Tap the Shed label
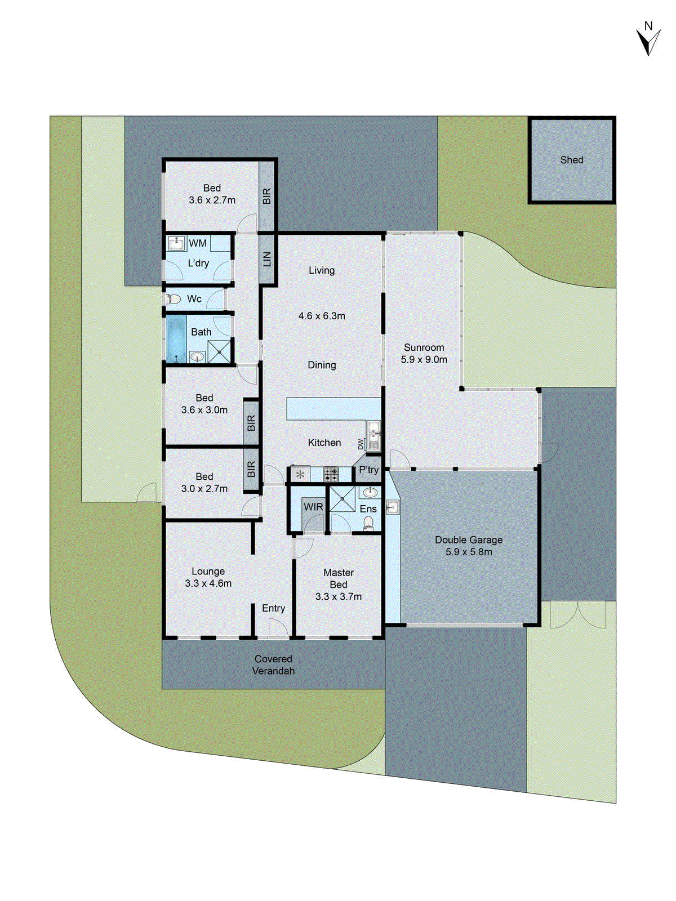[x=571, y=160]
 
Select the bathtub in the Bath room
[x=176, y=338]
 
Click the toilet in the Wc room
[x=173, y=299]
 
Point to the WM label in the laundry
[x=197, y=243]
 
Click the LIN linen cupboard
[x=267, y=259]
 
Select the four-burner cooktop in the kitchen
[x=331, y=474]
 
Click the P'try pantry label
[x=368, y=470]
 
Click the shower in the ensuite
[x=342, y=499]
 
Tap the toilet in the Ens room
[x=368, y=524]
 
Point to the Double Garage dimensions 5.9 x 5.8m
[x=469, y=552]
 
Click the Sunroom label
[x=424, y=347]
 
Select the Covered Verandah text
[x=273, y=665]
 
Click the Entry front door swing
[x=277, y=628]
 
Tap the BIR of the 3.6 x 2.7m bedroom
[x=266, y=196]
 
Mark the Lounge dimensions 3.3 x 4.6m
[x=208, y=584]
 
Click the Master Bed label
[x=339, y=578]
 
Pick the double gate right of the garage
[x=577, y=615]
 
